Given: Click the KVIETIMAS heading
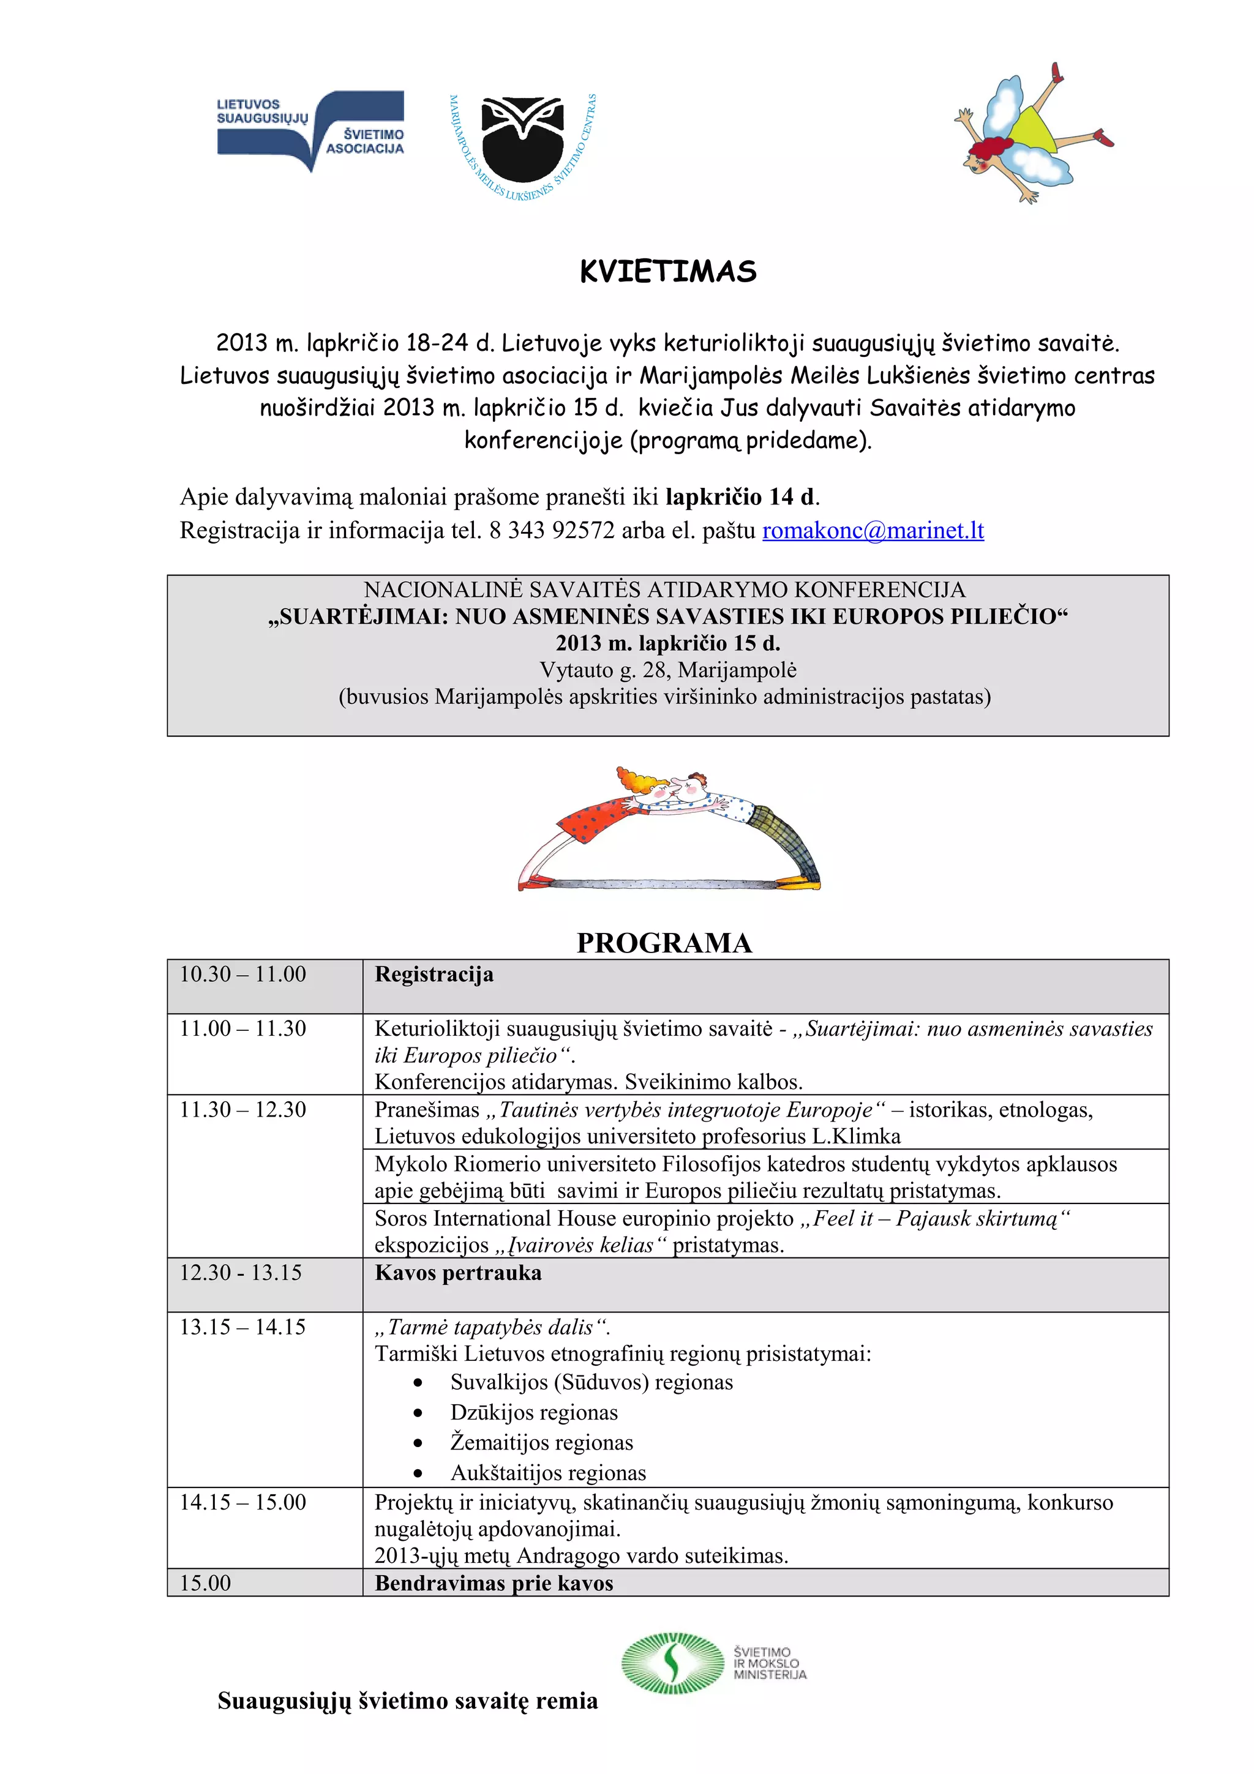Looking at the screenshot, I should pyautogui.click(x=667, y=272).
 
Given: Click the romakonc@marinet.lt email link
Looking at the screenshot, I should pyautogui.click(x=873, y=531).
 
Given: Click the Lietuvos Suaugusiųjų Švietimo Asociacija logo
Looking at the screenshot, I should pyautogui.click(x=310, y=130).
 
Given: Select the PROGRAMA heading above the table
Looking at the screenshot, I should pyautogui.click(x=664, y=943).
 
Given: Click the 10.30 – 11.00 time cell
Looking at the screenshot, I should pyautogui.click(x=243, y=975).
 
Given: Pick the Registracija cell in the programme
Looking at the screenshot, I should pyautogui.click(x=434, y=975).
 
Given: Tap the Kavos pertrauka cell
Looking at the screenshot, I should pyautogui.click(x=458, y=1273).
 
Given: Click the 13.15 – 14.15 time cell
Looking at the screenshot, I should pyautogui.click(x=243, y=1327).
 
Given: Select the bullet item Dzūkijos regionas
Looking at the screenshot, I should pyautogui.click(x=534, y=1412).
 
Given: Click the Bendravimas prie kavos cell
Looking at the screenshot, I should pyautogui.click(x=494, y=1583).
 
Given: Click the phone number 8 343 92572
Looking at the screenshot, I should pyautogui.click(x=552, y=531).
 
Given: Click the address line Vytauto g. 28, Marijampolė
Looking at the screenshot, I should pyautogui.click(x=667, y=670).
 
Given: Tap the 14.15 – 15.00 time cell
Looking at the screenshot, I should pyautogui.click(x=243, y=1502).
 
